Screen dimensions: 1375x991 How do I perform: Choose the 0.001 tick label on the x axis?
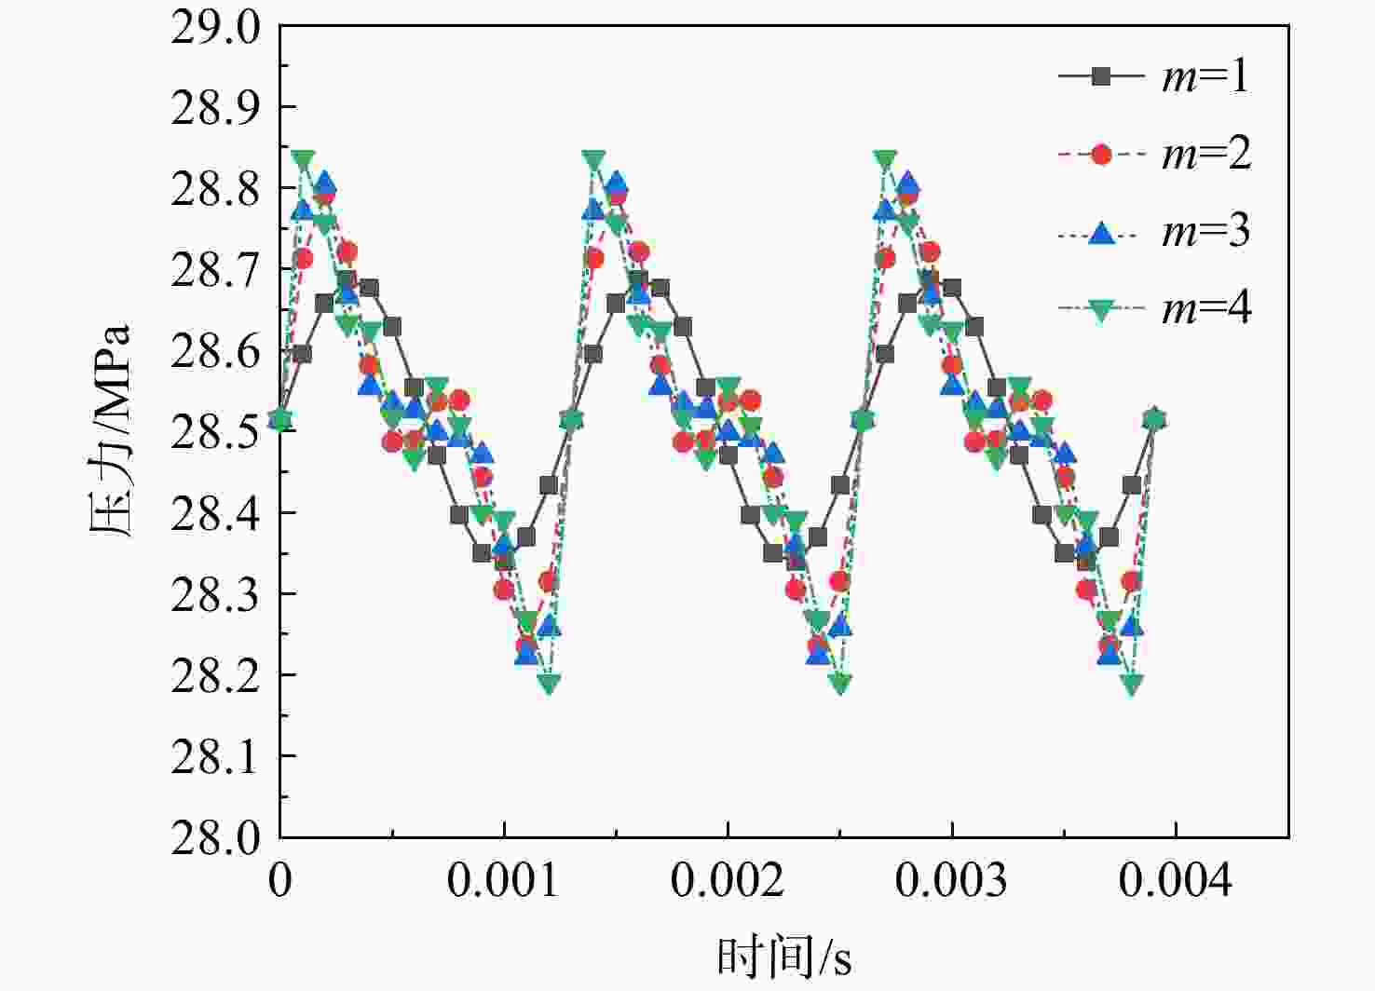(503, 880)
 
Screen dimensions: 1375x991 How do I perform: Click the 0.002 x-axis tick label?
(728, 880)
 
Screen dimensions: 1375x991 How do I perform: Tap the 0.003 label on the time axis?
(951, 880)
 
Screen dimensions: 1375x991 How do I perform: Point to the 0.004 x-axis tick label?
(1176, 880)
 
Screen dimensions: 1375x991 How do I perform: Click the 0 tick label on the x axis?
(279, 880)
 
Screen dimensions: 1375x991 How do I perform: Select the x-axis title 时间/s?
(784, 956)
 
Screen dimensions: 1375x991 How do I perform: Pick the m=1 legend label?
(1206, 78)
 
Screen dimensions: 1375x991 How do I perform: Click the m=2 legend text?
(1206, 155)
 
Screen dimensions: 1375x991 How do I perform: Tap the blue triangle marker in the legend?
(1102, 233)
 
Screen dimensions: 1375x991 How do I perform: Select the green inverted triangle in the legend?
(1102, 311)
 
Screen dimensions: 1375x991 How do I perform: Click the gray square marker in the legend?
(1102, 78)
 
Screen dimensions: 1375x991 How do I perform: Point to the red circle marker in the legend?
(1102, 155)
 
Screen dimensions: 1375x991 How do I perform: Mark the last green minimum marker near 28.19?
(1132, 684)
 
